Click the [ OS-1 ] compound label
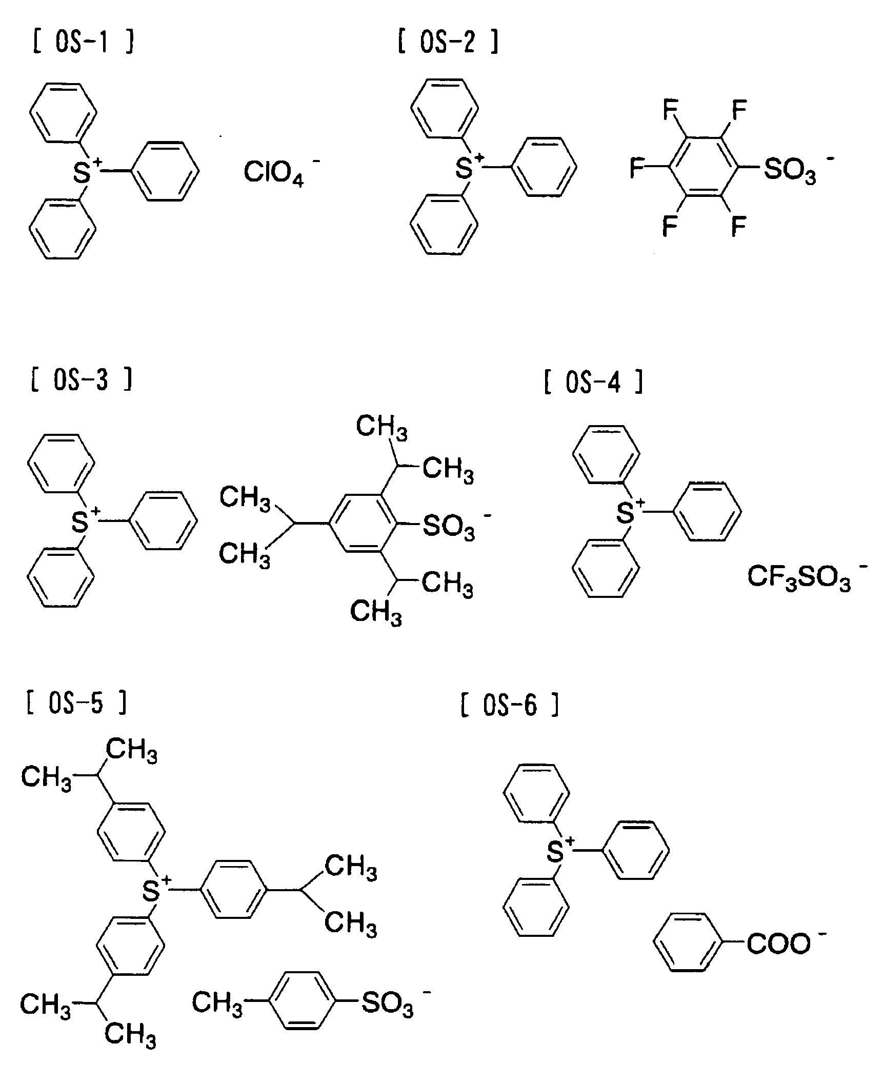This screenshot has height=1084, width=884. pos(84,43)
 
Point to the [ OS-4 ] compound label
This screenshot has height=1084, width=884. pos(593,383)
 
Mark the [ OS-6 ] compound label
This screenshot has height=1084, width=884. pos(509,706)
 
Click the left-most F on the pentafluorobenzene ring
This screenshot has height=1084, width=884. pos(637,168)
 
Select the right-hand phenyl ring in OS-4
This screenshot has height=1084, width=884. pos(707,511)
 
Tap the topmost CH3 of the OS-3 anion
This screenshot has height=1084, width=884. pos(382,427)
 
